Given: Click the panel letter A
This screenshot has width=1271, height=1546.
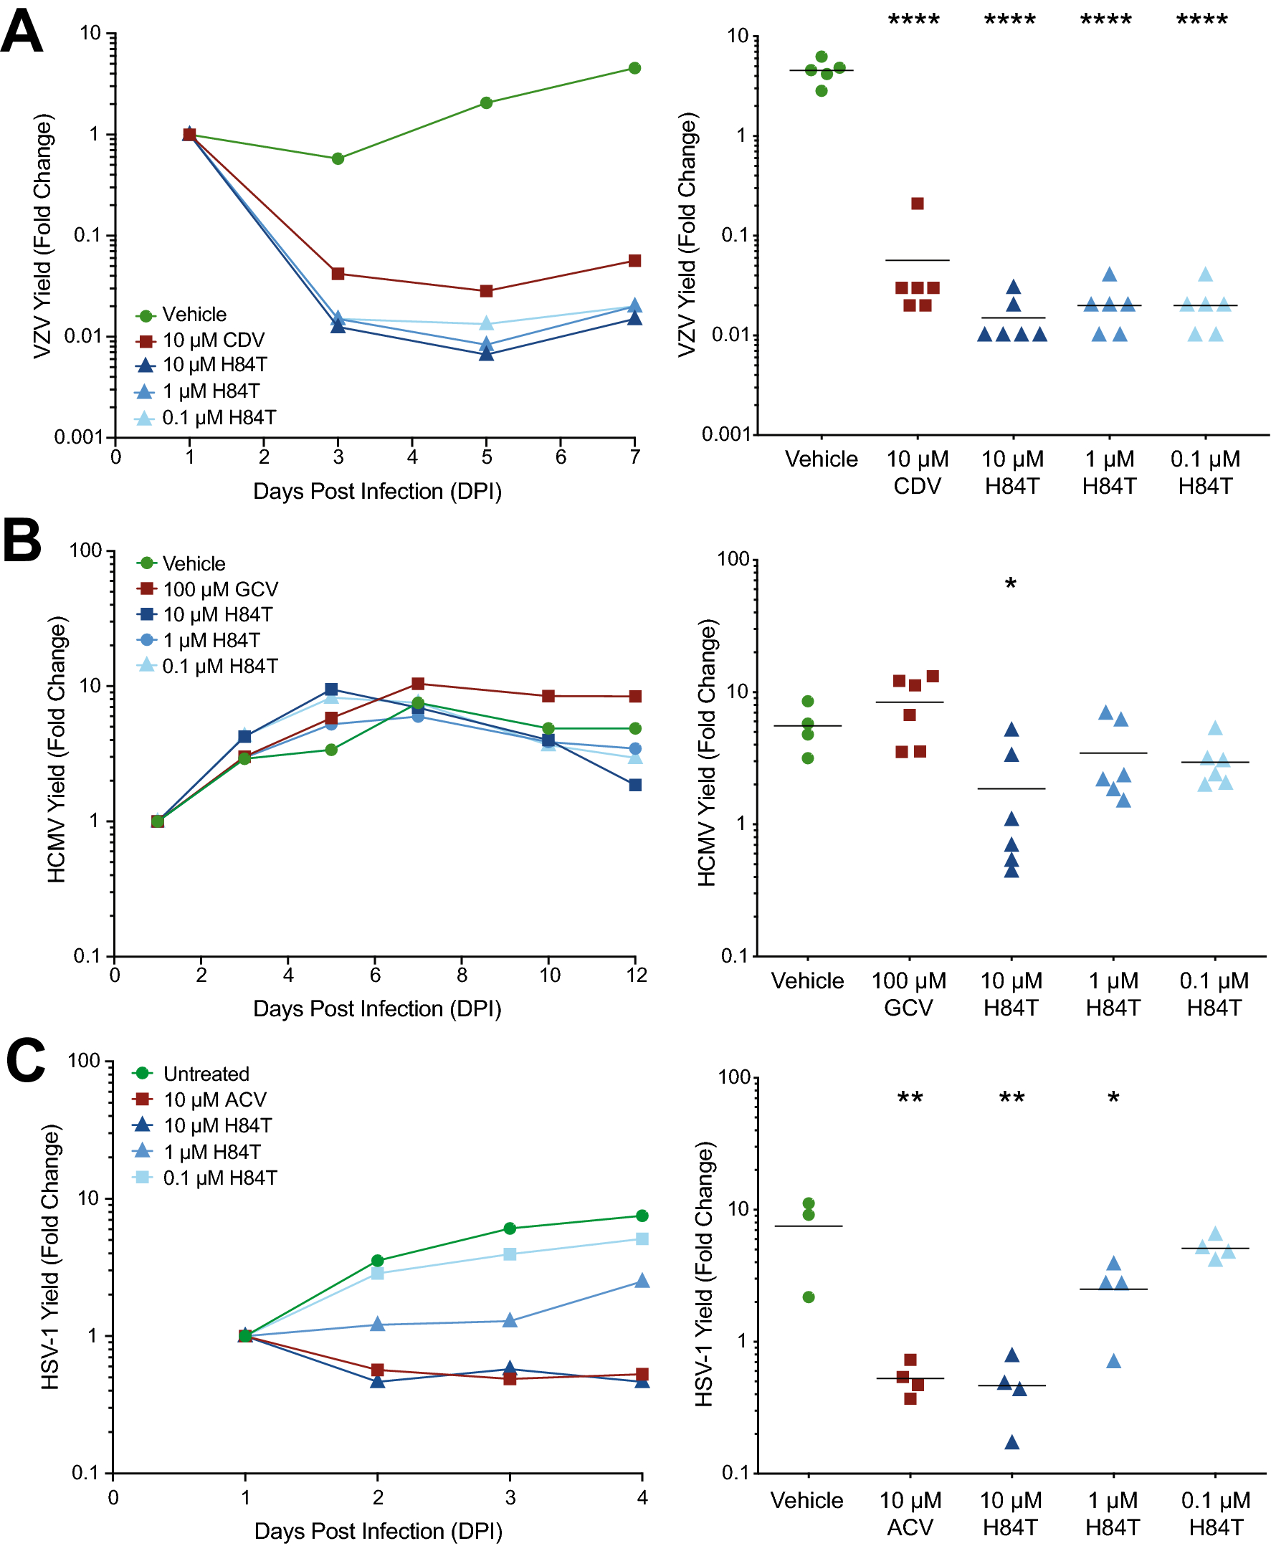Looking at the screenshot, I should point(22,31).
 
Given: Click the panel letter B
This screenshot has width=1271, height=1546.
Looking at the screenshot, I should point(22,540).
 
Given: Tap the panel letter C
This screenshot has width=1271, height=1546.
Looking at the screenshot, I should point(26,1060).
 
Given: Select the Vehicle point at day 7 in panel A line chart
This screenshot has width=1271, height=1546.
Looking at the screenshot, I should point(634,68).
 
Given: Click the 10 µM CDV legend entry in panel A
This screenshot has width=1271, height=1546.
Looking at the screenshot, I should point(212,340).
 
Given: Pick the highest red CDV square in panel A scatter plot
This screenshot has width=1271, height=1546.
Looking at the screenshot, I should point(918,204).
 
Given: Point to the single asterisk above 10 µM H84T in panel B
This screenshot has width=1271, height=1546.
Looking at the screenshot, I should point(1010,584).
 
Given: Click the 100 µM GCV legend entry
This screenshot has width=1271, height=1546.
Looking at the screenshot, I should point(219,589).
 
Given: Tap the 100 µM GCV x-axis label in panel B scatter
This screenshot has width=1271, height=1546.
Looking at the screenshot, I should point(908,993).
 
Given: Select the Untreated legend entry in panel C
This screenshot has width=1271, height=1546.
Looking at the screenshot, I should point(205,1074).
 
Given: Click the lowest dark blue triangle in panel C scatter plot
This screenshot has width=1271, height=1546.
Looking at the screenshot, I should point(1011,1443).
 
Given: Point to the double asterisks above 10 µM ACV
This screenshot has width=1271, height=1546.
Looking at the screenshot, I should point(910,1098).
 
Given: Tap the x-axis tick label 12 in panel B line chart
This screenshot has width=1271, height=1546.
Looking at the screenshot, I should point(637,975).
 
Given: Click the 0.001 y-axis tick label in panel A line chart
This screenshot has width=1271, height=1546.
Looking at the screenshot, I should point(78,437).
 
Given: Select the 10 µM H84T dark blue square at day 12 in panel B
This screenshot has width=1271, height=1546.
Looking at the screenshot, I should point(634,785).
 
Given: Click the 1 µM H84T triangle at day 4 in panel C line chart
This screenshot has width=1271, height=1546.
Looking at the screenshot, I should point(642,1280).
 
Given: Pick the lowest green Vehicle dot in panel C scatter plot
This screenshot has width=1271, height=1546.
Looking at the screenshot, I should point(809,1297).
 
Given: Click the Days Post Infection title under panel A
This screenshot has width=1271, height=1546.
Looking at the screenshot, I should point(377,491).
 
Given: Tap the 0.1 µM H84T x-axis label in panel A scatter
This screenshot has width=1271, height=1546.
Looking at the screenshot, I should point(1205,472).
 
